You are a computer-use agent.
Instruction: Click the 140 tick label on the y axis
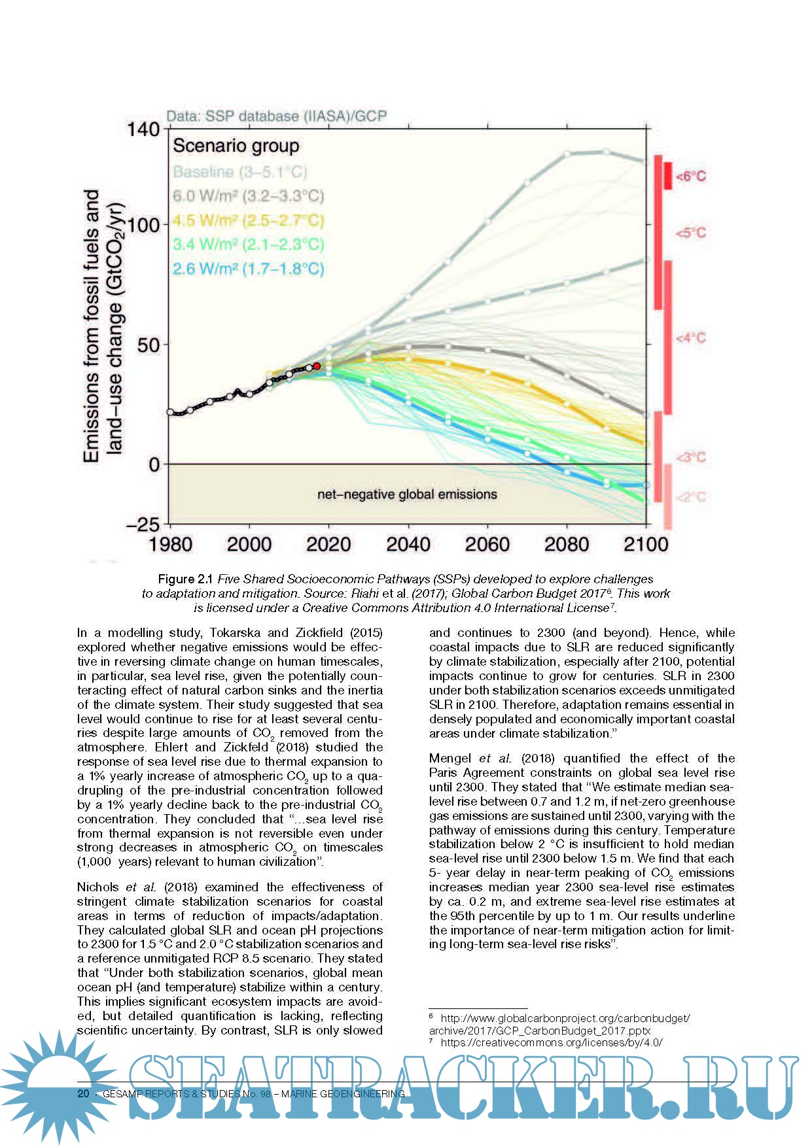pyautogui.click(x=143, y=129)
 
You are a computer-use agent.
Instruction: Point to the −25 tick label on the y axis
pyautogui.click(x=141, y=524)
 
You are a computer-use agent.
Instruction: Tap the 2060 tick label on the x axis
pyautogui.click(x=487, y=544)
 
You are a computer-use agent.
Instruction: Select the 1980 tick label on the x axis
pyautogui.click(x=170, y=544)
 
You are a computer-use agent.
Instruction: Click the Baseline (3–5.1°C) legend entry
pyautogui.click(x=239, y=172)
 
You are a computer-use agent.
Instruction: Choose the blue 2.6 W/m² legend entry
pyautogui.click(x=248, y=269)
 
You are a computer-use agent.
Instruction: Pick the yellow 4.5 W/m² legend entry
pyautogui.click(x=248, y=220)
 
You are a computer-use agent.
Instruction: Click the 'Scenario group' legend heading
pyautogui.click(x=236, y=146)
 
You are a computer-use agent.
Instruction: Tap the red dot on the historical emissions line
pyautogui.click(x=317, y=366)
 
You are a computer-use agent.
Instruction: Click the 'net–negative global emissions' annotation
pyautogui.click(x=407, y=494)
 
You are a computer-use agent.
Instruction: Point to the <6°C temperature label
pyautogui.click(x=690, y=177)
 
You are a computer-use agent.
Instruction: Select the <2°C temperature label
pyautogui.click(x=690, y=497)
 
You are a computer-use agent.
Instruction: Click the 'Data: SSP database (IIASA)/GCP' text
pyautogui.click(x=276, y=116)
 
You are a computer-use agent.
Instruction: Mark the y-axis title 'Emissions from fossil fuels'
pyautogui.click(x=92, y=326)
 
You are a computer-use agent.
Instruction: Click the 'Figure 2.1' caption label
pyautogui.click(x=186, y=579)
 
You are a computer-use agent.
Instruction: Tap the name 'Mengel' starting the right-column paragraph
pyautogui.click(x=451, y=759)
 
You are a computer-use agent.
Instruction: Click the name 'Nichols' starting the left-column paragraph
pyautogui.click(x=98, y=887)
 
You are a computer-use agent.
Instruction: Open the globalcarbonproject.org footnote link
pyautogui.click(x=564, y=1019)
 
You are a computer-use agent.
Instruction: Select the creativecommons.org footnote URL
pyautogui.click(x=551, y=1043)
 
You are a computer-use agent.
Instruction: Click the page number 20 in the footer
pyautogui.click(x=83, y=1093)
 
